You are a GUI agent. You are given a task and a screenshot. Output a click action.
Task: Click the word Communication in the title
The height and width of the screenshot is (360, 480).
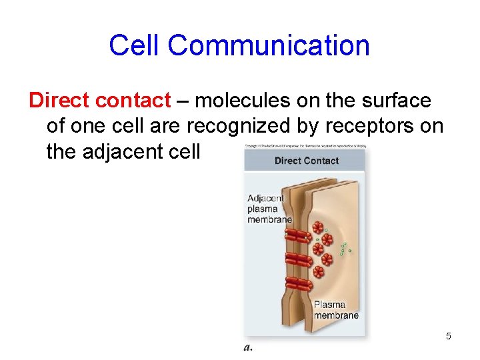pos(269,46)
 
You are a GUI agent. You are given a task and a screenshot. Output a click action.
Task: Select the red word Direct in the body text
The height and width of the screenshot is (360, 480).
pos(59,101)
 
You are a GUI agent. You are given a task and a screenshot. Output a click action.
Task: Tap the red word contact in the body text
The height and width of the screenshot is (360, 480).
pos(133,101)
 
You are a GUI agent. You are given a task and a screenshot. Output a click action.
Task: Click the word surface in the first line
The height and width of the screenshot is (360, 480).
pos(395,101)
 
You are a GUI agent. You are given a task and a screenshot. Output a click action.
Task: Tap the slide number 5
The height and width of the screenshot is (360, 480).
pos(449,336)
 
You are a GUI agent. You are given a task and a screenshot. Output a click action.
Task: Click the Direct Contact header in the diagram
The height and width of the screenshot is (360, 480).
pos(306,161)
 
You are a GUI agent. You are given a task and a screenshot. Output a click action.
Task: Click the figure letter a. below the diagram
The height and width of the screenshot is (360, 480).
pos(248,347)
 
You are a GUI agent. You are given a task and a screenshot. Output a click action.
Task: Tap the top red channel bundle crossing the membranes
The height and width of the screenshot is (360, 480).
pos(299,235)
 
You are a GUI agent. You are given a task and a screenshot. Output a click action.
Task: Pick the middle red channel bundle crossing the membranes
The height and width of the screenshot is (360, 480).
pos(299,259)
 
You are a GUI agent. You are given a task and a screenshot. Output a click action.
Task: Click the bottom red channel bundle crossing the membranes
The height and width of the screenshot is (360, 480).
pos(299,283)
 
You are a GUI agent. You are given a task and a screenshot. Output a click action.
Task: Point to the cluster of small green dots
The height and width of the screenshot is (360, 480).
pos(344,247)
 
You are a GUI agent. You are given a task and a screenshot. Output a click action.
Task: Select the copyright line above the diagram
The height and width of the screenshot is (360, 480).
pos(305,146)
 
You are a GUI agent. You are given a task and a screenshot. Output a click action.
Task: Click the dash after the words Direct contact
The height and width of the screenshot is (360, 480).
pos(183,101)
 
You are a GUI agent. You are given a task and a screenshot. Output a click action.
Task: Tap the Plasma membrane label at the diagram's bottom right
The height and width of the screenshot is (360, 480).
pos(336,309)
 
